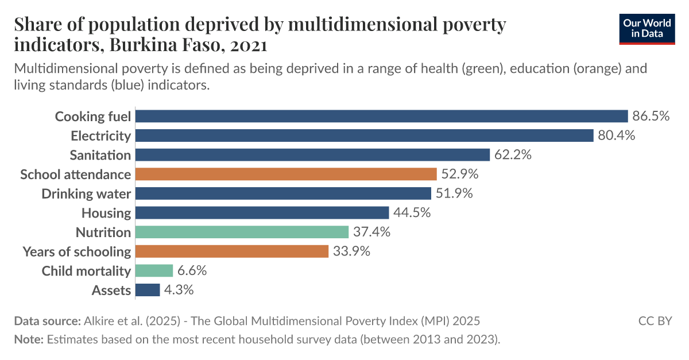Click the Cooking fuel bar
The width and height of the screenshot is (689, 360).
381,117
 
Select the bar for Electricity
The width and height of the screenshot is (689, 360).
364,136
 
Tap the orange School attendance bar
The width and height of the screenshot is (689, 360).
286,174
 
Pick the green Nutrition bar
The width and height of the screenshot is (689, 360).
242,232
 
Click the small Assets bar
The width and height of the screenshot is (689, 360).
148,290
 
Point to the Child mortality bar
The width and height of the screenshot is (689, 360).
154,271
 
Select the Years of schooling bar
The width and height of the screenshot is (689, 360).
232,251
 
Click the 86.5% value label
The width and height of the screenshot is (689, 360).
651,117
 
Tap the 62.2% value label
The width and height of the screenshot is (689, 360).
513,155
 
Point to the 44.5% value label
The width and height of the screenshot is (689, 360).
412,213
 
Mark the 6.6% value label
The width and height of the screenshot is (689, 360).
192,271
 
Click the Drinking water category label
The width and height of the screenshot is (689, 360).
86,193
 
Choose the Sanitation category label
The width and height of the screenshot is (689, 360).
100,155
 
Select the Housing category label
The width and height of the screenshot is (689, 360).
106,213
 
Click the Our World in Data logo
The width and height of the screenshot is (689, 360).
647,28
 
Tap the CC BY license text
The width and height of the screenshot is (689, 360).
655,321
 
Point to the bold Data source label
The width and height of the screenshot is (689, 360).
47,321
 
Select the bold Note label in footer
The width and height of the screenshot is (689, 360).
29,339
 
